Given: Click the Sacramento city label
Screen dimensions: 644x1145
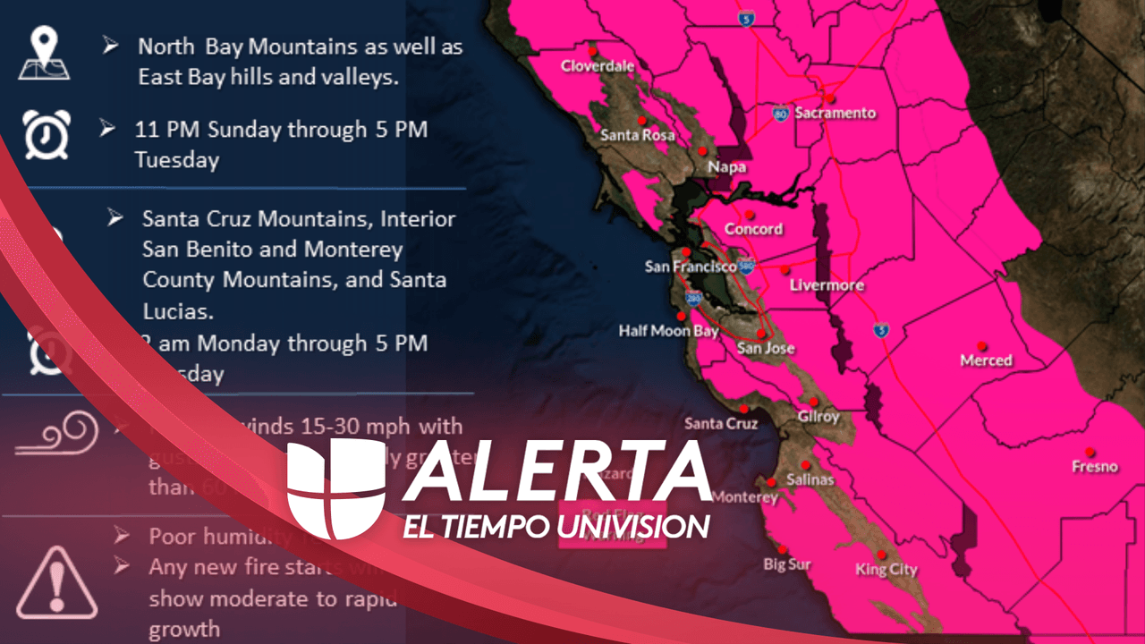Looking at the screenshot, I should [835, 114].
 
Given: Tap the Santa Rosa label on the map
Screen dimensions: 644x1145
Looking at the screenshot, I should [637, 135].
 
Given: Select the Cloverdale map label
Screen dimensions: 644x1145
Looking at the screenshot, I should [598, 66].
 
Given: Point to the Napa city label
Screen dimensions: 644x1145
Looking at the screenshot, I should [726, 167].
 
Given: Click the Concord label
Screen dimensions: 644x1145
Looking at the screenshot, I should [753, 229].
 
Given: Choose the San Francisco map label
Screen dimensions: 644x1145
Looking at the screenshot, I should [691, 267].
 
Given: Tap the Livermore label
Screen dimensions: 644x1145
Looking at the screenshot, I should [827, 285].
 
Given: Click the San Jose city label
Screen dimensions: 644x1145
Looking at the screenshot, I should [766, 349].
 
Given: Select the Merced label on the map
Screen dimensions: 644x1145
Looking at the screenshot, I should [986, 360].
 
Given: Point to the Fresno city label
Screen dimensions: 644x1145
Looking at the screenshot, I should [1095, 466].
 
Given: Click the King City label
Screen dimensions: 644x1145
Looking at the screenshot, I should [886, 570].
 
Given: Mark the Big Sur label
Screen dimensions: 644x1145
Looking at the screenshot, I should [786, 564].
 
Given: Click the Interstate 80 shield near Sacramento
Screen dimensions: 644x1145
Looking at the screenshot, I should [781, 114].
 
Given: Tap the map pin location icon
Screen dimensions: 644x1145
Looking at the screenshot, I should [45, 53].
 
